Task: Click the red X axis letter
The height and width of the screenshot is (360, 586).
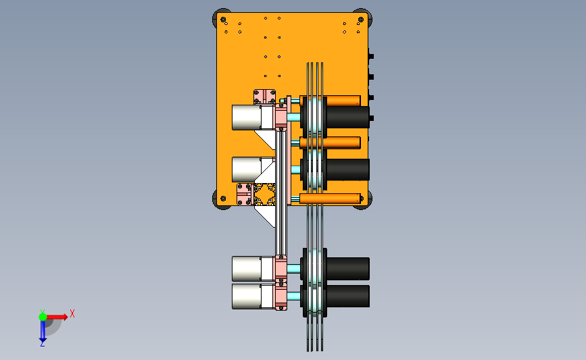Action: pyautogui.click(x=72, y=313)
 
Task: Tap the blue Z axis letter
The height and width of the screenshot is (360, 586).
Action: pyautogui.click(x=42, y=344)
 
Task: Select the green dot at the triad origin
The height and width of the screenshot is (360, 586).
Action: pyautogui.click(x=43, y=317)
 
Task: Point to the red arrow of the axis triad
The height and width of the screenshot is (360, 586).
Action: pyautogui.click(x=57, y=317)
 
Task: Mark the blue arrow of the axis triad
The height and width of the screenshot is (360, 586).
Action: pyautogui.click(x=43, y=331)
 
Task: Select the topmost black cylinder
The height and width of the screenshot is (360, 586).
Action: pyautogui.click(x=348, y=118)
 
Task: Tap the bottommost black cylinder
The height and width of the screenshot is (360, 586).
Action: pyautogui.click(x=348, y=297)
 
